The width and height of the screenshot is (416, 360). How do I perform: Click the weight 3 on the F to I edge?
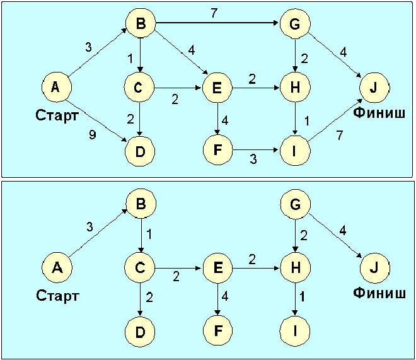point(253,160)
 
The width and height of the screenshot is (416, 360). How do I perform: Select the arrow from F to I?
point(255,151)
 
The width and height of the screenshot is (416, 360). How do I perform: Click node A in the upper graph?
point(56,88)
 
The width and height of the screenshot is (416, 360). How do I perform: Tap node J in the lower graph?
point(374,267)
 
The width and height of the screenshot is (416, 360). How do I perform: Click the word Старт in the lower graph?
point(57,295)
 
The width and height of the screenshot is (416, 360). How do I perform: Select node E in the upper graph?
point(217,89)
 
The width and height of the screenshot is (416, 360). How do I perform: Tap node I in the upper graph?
point(294,151)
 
